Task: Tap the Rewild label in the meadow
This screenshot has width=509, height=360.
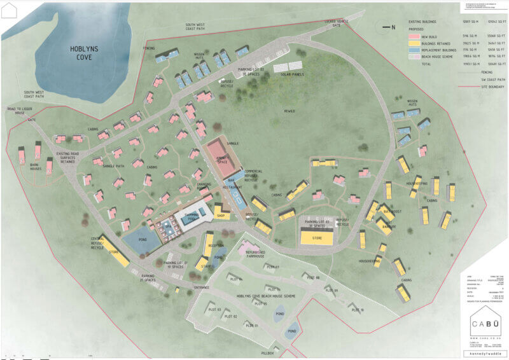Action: pos(290,111)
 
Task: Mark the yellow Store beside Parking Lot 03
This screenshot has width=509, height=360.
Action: pos(316,238)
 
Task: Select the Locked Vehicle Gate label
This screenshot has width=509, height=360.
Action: pos(336,23)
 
